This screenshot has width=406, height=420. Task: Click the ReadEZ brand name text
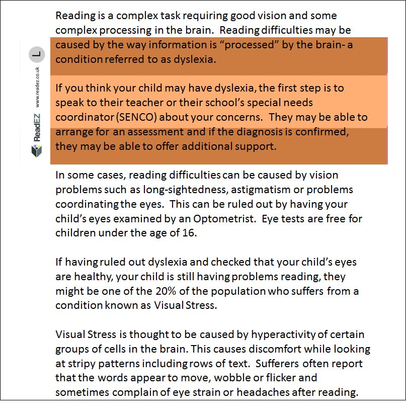pos(37,128)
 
